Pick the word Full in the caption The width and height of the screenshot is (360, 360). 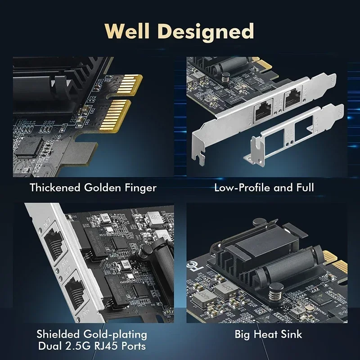pos(303,187)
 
